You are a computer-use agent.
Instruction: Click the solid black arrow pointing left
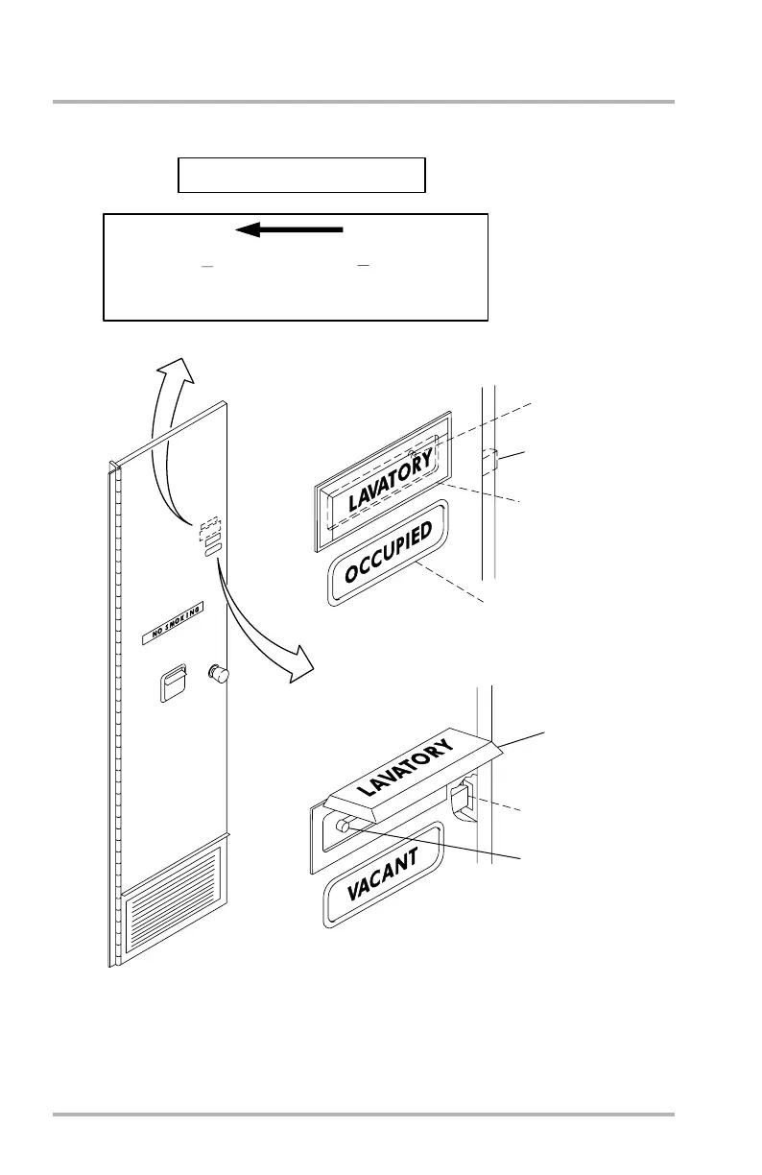tap(289, 229)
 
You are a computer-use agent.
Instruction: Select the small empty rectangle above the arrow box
tap(301, 176)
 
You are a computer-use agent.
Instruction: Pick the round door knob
tap(218, 676)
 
